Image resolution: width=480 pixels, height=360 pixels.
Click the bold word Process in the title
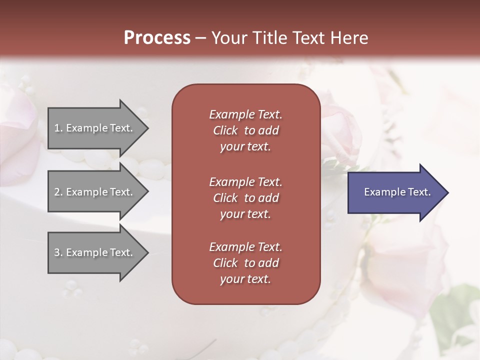click(x=157, y=38)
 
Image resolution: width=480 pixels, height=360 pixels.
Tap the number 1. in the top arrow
click(x=58, y=128)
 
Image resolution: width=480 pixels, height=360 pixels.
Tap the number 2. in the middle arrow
click(x=58, y=192)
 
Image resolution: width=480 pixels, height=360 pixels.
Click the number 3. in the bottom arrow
click(x=58, y=252)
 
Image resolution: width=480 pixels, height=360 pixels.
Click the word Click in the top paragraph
click(x=225, y=130)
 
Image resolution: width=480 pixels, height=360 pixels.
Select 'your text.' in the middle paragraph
click(x=245, y=214)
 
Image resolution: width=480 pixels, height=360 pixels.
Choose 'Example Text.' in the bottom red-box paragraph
click(x=245, y=247)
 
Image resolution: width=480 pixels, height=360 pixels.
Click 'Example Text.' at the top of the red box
click(x=245, y=114)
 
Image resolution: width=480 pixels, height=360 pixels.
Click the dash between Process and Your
click(x=200, y=38)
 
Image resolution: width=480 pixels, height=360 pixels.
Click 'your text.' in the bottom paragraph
click(x=245, y=279)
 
